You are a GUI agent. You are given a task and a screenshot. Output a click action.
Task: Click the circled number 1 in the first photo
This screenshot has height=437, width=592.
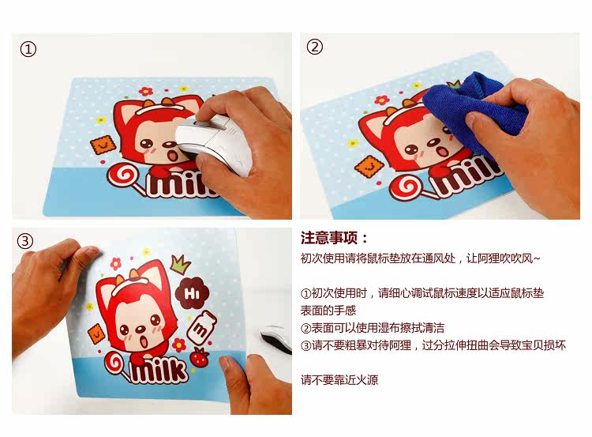pos(28,49)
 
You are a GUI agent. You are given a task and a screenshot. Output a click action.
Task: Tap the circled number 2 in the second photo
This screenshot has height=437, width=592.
pos(314,47)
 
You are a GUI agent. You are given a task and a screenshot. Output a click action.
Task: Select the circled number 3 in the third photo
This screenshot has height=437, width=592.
pos(25,241)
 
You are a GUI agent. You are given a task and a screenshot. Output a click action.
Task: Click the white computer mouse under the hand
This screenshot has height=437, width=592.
pos(214,145)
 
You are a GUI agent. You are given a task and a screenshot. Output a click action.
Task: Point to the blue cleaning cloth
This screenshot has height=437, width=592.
pos(476,110)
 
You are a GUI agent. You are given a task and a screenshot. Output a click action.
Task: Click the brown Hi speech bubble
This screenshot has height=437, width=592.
pos(192,293)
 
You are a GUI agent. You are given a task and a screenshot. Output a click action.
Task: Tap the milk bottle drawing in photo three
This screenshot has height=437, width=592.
pos(201,328)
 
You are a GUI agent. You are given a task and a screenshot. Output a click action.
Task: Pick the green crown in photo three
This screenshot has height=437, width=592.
pos(181,263)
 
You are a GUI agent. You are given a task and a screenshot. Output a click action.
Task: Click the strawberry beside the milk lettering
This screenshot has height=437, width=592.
pos(200,358)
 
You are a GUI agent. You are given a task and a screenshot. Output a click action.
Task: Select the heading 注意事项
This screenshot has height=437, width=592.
pos(334,238)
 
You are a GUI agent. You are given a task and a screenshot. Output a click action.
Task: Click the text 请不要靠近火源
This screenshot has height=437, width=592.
pos(339,379)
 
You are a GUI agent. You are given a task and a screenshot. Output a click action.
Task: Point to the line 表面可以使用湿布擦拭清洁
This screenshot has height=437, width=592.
pos(373,327)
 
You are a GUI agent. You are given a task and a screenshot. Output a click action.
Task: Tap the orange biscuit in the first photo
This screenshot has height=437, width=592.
pos(103,144)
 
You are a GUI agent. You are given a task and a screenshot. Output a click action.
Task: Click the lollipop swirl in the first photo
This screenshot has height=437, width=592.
pos(123,175)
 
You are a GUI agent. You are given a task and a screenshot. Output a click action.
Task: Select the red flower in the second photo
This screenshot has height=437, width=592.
pos(382,100)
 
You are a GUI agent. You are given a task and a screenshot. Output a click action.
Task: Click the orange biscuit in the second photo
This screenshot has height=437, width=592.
pos(369,166)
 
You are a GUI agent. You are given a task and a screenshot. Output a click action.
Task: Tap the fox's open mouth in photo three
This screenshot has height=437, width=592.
pos(144,341)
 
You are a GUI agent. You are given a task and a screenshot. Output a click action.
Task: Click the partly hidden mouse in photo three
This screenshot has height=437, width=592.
pos(276,337)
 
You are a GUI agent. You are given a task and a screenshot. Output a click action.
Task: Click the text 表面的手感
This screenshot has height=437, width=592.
pos(328,311)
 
